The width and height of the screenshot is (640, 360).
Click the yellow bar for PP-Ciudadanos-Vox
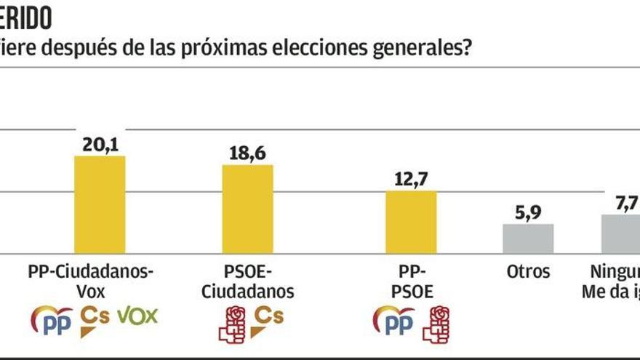[100, 204]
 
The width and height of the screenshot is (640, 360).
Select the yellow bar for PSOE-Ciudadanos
[247, 209]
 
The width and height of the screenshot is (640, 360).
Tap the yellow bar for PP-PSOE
[411, 222]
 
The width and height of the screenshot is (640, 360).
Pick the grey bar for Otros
[528, 238]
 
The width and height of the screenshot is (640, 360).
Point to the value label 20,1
[100, 145]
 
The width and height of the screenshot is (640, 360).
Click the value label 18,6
[247, 153]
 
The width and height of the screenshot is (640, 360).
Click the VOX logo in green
[137, 316]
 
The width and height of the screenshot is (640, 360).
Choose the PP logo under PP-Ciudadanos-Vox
[52, 320]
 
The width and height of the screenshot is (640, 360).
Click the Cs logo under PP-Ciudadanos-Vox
[95, 320]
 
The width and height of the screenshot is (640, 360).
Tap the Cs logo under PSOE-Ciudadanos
[267, 320]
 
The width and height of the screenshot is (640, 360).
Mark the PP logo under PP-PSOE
[393, 320]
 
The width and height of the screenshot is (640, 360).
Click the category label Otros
[528, 273]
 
